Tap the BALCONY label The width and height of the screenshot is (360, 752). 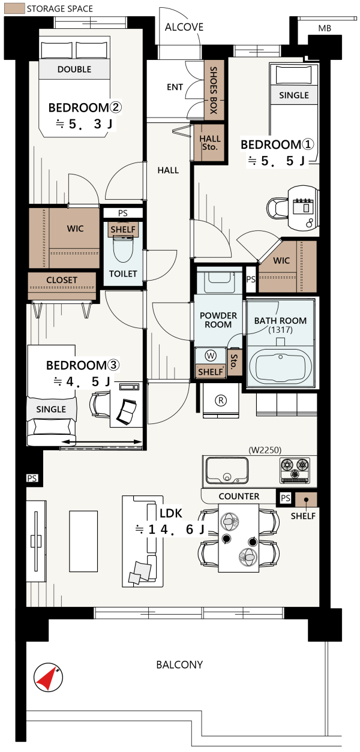(179, 664)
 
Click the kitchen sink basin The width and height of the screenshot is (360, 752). (227, 470)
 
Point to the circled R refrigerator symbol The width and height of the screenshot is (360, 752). (221, 400)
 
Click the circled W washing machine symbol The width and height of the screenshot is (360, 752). (211, 356)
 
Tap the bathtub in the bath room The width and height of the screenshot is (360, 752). (281, 367)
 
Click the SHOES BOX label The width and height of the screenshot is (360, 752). (214, 90)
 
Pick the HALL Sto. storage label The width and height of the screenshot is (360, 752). (210, 143)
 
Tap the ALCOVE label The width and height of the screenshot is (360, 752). (184, 27)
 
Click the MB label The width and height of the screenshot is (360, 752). (325, 29)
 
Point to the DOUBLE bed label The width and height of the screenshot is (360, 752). (74, 70)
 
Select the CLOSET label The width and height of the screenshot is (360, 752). (62, 280)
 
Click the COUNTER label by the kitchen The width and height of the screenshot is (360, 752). (239, 496)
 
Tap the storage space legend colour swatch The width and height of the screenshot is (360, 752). (14, 8)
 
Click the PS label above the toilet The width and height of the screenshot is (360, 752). (123, 213)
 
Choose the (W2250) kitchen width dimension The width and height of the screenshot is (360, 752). (265, 450)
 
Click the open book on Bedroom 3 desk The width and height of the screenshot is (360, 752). (126, 411)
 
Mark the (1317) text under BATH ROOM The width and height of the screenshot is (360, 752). (280, 330)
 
